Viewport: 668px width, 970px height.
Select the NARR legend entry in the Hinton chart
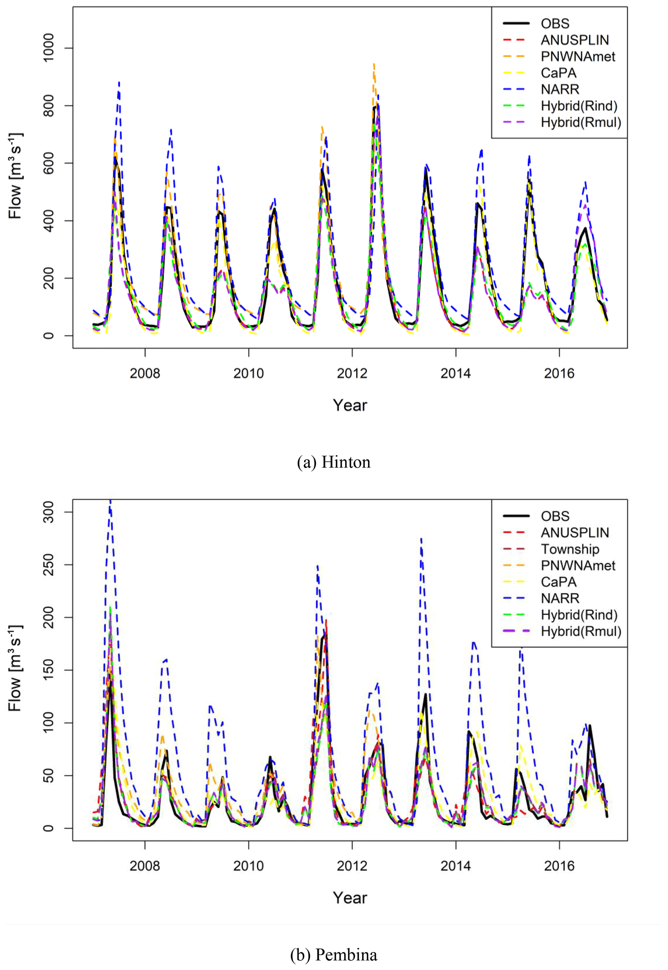560,90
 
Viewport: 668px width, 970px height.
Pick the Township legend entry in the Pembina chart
570,549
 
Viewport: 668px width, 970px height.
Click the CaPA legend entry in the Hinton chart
558,73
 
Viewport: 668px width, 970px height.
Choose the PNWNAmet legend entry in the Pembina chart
578,565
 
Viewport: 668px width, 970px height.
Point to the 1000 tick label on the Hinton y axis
48,48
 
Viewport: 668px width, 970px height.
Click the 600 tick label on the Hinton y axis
48,163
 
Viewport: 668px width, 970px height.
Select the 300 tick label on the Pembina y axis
48,512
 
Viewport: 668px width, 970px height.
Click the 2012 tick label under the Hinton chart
352,373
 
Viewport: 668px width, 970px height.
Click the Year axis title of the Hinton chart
350,405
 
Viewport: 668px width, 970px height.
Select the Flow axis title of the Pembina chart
16,668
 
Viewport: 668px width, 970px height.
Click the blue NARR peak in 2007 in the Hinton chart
119,83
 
